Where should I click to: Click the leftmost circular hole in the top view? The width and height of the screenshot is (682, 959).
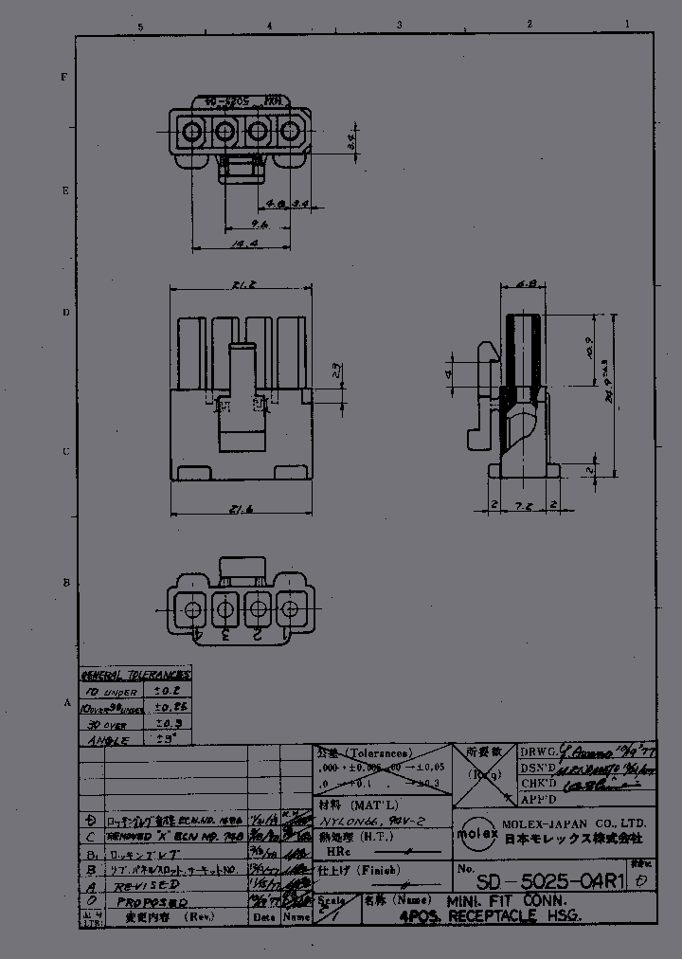click(x=192, y=131)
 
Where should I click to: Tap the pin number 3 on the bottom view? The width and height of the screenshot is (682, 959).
click(x=225, y=634)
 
